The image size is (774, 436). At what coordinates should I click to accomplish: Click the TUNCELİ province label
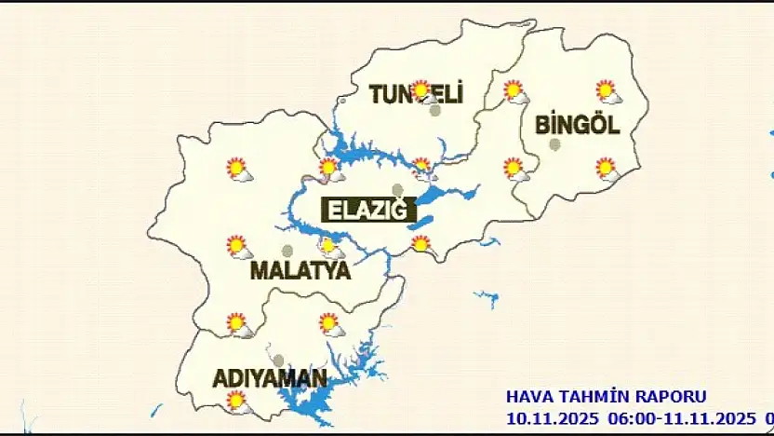(x=416, y=94)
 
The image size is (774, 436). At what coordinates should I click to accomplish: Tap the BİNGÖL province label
(x=577, y=125)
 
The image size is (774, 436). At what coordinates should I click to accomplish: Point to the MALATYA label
(x=300, y=271)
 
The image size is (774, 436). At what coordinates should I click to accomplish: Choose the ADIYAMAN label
(x=270, y=379)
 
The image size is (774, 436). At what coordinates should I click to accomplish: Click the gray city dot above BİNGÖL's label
(x=555, y=144)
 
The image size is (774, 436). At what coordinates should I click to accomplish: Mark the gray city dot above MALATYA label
(x=287, y=251)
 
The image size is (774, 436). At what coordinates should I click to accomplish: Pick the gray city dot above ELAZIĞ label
(x=398, y=190)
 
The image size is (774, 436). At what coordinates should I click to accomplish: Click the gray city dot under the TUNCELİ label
(x=434, y=110)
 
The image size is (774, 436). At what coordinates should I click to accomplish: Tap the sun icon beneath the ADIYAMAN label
(x=238, y=402)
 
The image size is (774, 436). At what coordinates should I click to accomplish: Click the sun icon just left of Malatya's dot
(x=238, y=247)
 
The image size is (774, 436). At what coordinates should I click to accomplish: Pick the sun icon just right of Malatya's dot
(x=330, y=247)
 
